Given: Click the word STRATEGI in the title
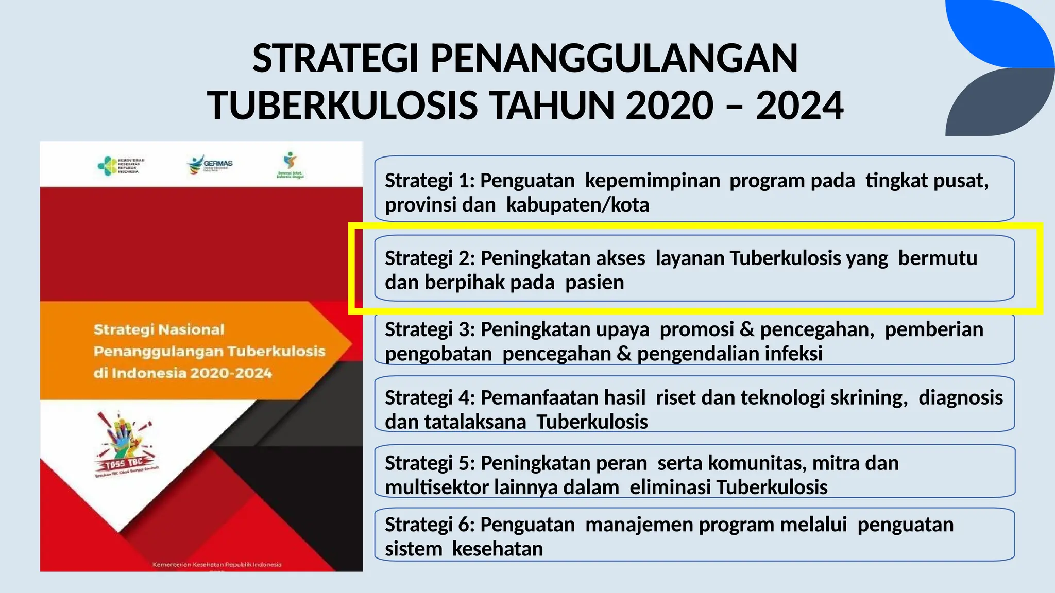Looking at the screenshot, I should [x=335, y=58].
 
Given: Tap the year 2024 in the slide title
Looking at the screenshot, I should [x=799, y=106].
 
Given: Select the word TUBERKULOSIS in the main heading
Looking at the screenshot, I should [x=343, y=106].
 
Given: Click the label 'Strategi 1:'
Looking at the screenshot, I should [x=430, y=181].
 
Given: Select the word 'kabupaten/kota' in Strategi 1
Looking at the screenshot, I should [x=577, y=205].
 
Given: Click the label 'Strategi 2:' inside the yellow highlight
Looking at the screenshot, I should [x=430, y=258].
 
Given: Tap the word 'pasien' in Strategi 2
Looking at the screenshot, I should [x=594, y=283].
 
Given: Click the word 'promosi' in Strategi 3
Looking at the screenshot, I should [x=696, y=329].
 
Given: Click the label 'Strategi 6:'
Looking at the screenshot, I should [x=430, y=525].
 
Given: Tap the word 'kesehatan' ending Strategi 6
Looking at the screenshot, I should [x=498, y=549].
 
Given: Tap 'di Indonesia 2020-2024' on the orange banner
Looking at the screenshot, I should [x=182, y=373].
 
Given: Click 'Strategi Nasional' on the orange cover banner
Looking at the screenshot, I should [x=159, y=329].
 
